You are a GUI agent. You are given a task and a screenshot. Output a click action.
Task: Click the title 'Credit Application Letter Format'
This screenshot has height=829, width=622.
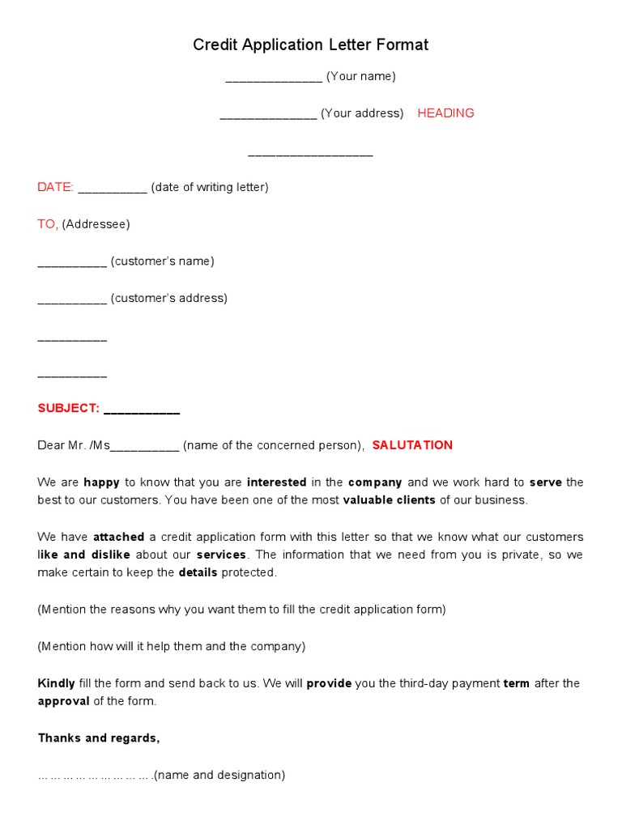click(x=310, y=45)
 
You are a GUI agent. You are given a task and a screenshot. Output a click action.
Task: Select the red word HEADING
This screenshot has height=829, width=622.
click(x=445, y=113)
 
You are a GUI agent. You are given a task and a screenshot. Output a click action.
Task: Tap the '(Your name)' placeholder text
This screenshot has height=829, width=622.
click(x=360, y=77)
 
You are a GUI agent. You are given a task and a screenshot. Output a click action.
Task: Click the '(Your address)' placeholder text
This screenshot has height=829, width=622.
click(x=362, y=113)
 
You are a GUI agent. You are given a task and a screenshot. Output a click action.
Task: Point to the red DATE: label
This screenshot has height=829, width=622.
click(x=55, y=187)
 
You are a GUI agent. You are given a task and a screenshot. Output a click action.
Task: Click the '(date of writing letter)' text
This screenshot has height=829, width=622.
click(x=210, y=187)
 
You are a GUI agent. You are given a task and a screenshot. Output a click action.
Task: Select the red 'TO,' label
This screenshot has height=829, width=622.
click(x=48, y=224)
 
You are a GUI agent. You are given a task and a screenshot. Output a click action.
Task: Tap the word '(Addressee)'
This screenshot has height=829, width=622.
click(x=96, y=224)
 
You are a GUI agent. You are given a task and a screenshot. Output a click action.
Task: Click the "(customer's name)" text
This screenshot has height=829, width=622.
click(x=163, y=261)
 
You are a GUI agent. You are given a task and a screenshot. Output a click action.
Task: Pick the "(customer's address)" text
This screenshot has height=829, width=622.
click(x=169, y=298)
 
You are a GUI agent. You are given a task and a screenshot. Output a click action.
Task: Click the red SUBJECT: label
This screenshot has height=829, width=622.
click(x=68, y=408)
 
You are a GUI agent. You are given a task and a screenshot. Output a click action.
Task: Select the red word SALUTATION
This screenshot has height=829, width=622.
click(x=412, y=445)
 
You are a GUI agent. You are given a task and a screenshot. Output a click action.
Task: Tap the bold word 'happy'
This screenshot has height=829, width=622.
click(x=101, y=483)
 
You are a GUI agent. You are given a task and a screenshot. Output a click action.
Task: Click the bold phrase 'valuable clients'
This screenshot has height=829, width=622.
click(x=389, y=500)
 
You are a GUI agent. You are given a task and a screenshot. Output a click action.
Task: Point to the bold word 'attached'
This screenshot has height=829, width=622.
click(x=119, y=537)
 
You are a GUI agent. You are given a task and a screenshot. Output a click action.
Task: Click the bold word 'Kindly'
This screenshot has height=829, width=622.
click(x=56, y=683)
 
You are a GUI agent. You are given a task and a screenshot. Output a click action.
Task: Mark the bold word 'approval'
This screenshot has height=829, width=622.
click(x=63, y=701)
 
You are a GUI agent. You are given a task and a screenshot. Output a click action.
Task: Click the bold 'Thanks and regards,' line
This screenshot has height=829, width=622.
click(x=99, y=738)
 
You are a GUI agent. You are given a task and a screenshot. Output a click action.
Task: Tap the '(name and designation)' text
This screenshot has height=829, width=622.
click(x=219, y=776)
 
